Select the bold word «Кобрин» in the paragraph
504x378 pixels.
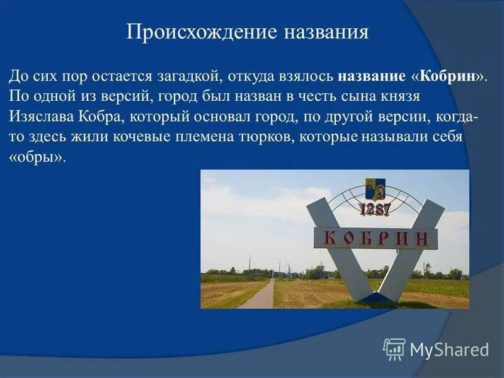[448, 76]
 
